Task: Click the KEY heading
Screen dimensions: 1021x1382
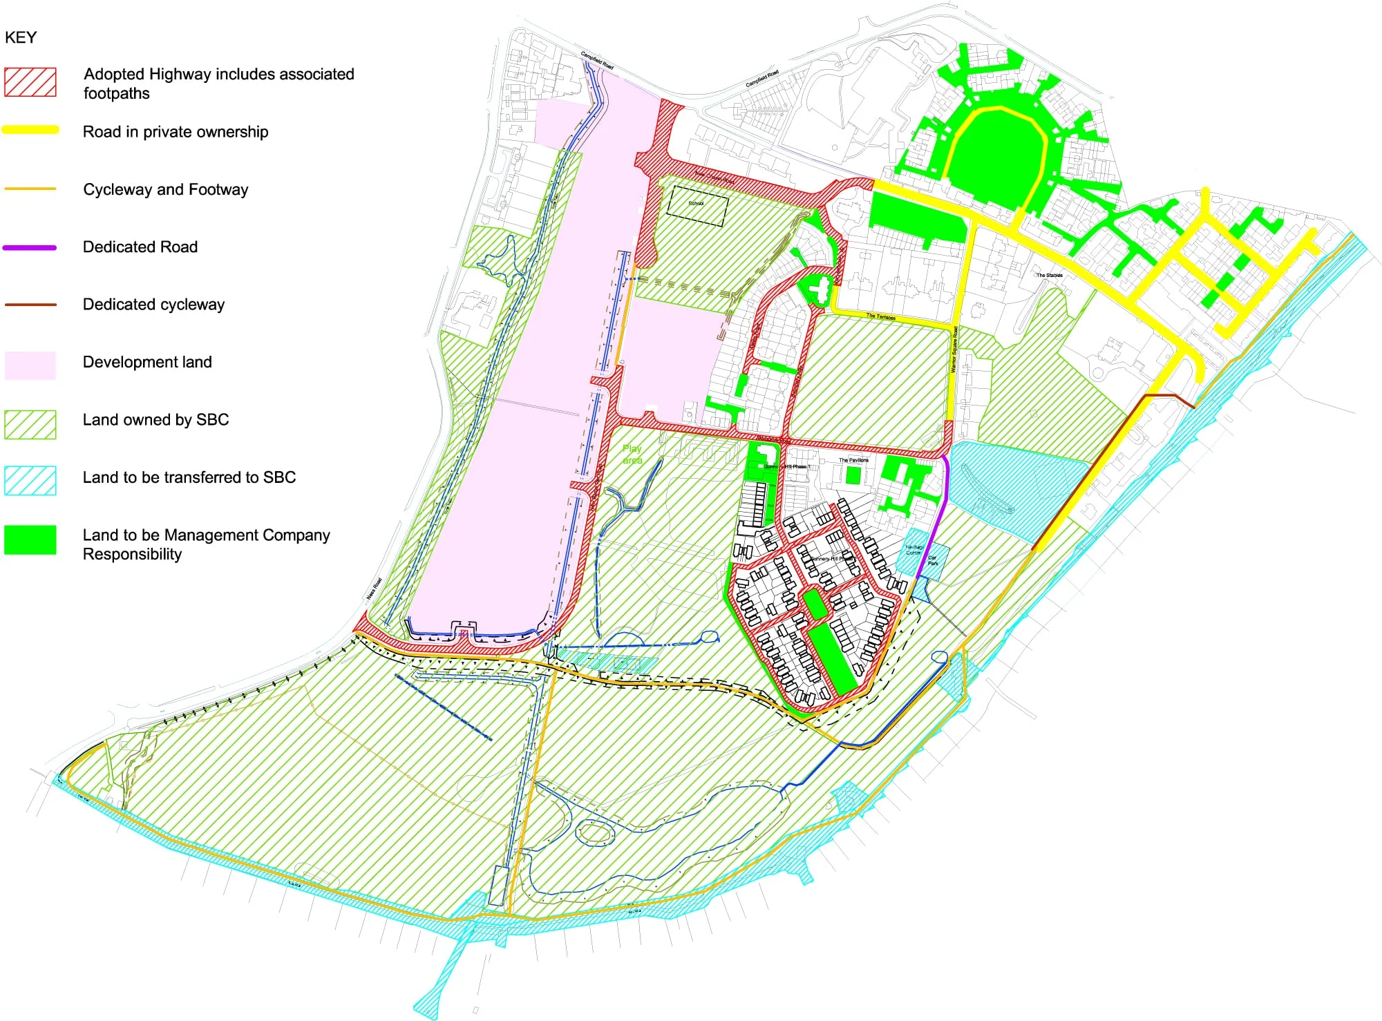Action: tap(21, 38)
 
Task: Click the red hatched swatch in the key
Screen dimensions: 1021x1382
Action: tap(30, 82)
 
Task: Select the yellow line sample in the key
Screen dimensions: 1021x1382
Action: tap(30, 130)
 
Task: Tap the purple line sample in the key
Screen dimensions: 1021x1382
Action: tap(30, 247)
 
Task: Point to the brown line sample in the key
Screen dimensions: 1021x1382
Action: tap(30, 305)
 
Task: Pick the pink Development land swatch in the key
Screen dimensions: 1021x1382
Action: tap(30, 365)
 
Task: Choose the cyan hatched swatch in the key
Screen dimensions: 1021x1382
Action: tap(30, 481)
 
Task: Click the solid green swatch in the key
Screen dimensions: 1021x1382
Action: tap(30, 540)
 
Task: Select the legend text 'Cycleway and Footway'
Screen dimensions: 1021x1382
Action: tap(165, 190)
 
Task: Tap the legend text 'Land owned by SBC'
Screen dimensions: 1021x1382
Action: tap(155, 420)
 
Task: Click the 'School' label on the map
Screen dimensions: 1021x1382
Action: tap(696, 204)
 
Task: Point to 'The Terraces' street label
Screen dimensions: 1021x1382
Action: tap(881, 317)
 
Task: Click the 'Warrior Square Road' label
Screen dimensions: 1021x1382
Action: tap(954, 350)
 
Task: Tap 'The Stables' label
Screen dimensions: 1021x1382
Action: tap(1049, 276)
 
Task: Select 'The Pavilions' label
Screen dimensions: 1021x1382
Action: tap(853, 460)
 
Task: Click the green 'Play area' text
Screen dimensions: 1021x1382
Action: tap(632, 455)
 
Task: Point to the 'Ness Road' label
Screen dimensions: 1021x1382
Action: tap(374, 589)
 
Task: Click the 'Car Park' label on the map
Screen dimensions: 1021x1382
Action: tap(933, 560)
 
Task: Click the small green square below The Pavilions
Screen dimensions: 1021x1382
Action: tap(853, 476)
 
